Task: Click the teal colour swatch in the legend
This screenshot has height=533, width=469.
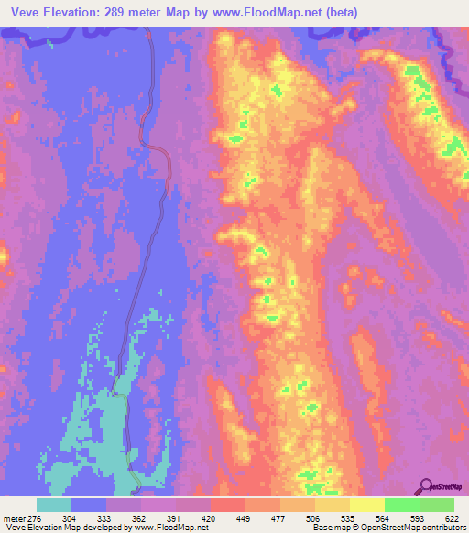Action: coord(54,505)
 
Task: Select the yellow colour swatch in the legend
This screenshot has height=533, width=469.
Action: coord(366,505)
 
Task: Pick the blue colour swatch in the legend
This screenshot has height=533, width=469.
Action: coord(89,505)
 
